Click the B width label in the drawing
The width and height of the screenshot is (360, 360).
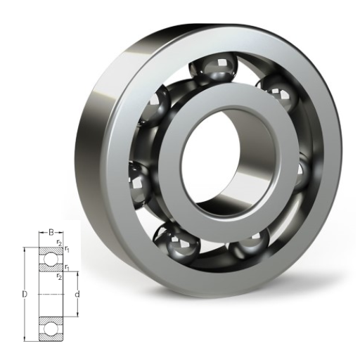coord(51,233)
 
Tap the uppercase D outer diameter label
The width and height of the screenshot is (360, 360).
coord(25,294)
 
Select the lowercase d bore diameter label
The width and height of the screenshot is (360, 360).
coord(77,294)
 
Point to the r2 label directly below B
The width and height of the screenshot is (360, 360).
coord(59,243)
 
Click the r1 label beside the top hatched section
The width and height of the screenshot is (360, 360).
coord(67,249)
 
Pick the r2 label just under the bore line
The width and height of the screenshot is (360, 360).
coord(59,276)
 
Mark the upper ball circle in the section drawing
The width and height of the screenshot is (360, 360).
coord(51,259)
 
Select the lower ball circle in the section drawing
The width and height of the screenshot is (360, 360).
coord(51,329)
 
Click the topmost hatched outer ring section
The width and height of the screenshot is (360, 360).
coord(51,250)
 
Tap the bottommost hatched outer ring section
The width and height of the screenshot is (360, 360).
coord(51,337)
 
